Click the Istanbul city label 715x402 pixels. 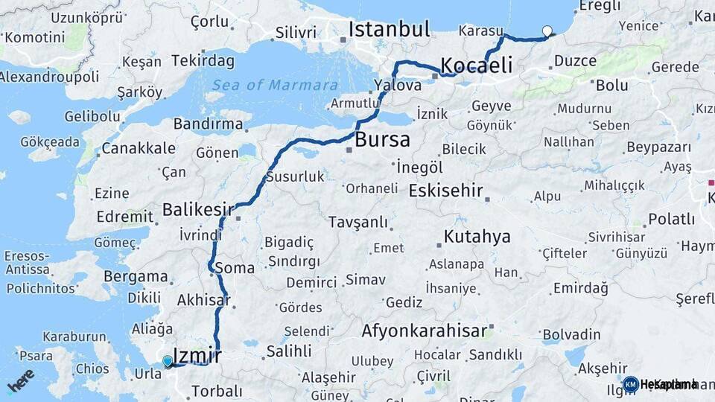(x=390, y=30)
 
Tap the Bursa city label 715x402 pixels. (x=383, y=139)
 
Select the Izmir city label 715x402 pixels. (x=197, y=354)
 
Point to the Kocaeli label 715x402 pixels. (x=477, y=65)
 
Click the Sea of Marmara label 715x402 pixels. (x=274, y=85)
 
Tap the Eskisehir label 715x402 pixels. (x=446, y=190)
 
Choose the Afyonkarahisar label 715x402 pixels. (x=425, y=330)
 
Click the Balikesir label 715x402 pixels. (x=198, y=209)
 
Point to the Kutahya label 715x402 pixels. (x=477, y=237)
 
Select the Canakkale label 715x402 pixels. (x=139, y=148)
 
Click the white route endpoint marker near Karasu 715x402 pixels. (x=548, y=31)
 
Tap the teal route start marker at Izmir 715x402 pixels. (x=168, y=362)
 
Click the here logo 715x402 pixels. (x=20, y=380)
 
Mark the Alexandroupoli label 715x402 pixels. (x=49, y=77)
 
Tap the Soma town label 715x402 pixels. (x=235, y=268)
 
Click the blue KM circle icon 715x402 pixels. (x=631, y=384)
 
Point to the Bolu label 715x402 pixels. (x=611, y=85)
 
